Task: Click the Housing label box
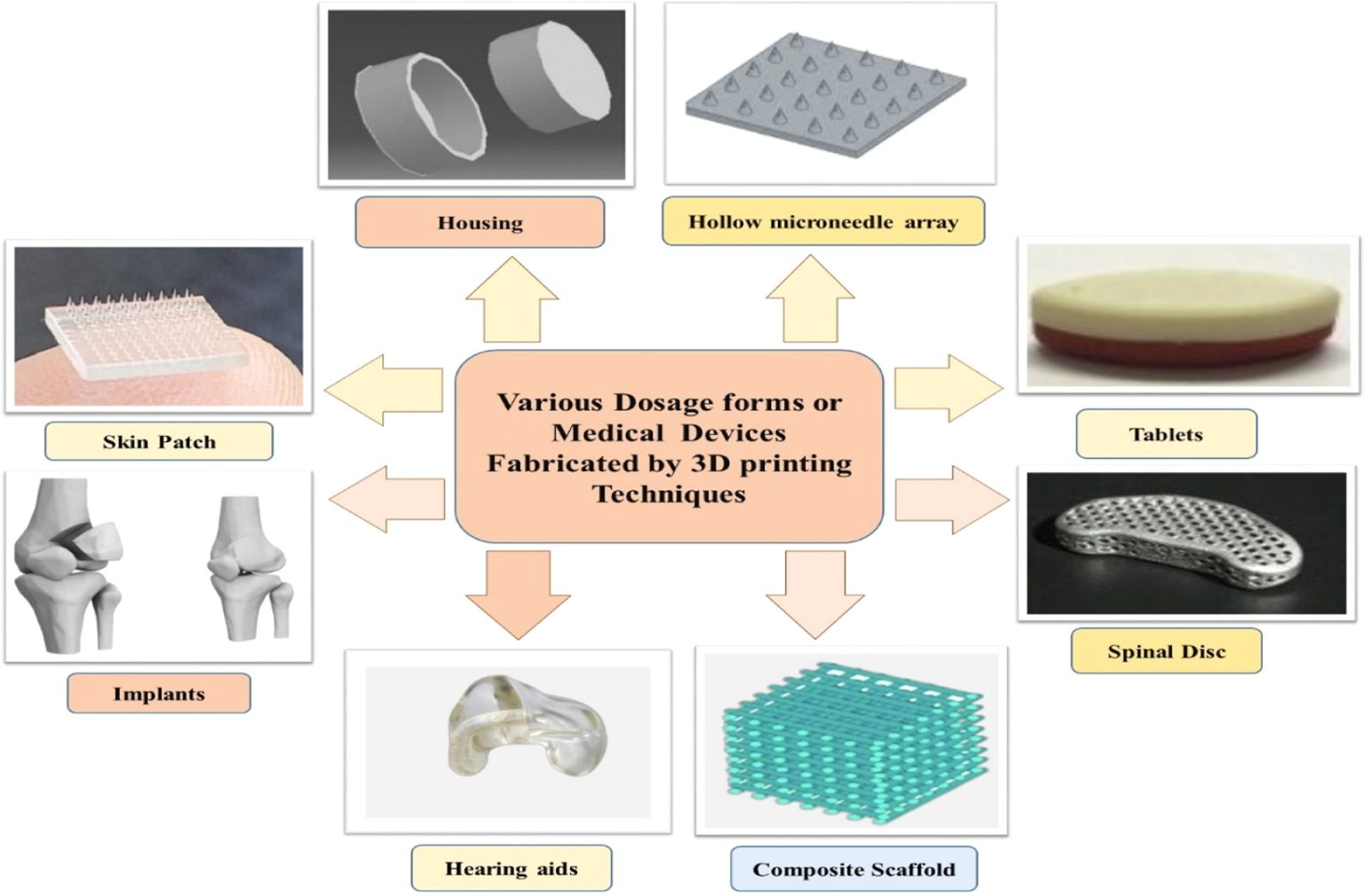point(479,222)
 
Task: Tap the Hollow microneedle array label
point(823,221)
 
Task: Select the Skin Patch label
point(158,441)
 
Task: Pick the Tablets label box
point(1166,434)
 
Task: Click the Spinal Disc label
point(1166,651)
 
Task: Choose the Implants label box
point(158,694)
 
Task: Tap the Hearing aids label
point(511,868)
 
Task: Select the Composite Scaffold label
point(854,869)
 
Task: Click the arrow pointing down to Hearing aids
point(518,592)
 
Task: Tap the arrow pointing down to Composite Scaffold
point(815,592)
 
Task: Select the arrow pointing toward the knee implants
point(388,500)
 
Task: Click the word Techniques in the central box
point(669,494)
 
